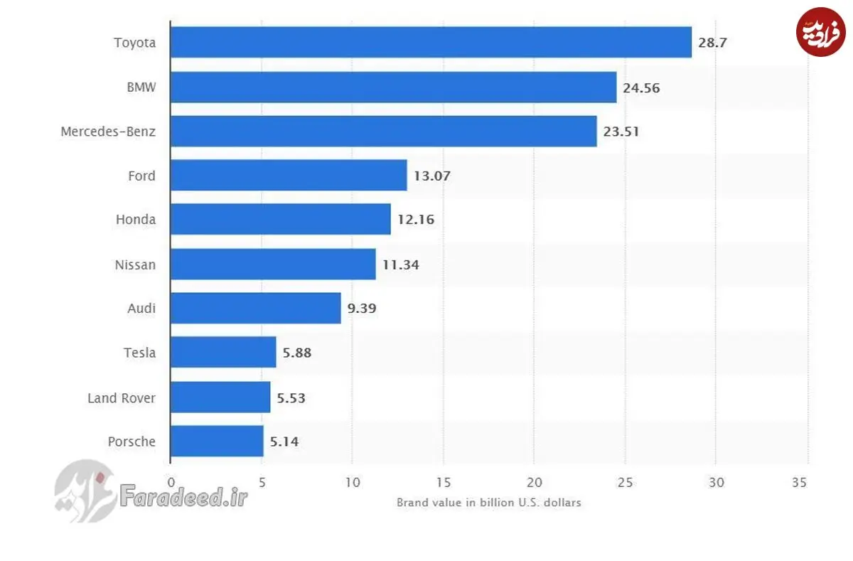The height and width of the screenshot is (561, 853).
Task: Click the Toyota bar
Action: tap(431, 42)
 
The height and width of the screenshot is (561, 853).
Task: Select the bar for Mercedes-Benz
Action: tap(383, 132)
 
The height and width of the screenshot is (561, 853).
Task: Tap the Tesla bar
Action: tap(223, 352)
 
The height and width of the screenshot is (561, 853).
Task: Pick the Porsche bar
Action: tap(217, 441)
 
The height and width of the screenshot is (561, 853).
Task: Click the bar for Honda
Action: tap(280, 219)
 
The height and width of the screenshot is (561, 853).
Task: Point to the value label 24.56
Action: tap(641, 88)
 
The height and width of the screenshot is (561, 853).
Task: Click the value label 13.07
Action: tap(432, 176)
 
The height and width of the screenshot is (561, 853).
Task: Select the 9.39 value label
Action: tap(362, 308)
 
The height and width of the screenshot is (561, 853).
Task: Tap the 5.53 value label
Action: tap(291, 398)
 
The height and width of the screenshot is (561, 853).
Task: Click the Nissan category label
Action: tap(135, 265)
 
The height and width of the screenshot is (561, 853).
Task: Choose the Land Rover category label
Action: tap(122, 398)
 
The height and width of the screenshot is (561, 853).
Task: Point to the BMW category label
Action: tap(141, 87)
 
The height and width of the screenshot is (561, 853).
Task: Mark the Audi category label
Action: tap(141, 308)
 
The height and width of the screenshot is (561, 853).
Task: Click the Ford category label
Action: tap(141, 176)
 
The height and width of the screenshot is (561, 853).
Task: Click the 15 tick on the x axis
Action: tap(444, 483)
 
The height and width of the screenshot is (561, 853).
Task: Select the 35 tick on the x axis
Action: tap(799, 483)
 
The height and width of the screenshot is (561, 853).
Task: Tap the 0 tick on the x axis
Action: tap(171, 483)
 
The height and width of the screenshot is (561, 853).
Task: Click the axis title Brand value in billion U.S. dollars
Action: tap(489, 503)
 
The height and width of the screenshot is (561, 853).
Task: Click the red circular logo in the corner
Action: tap(820, 32)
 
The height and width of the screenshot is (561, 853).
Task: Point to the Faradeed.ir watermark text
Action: tap(183, 496)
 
